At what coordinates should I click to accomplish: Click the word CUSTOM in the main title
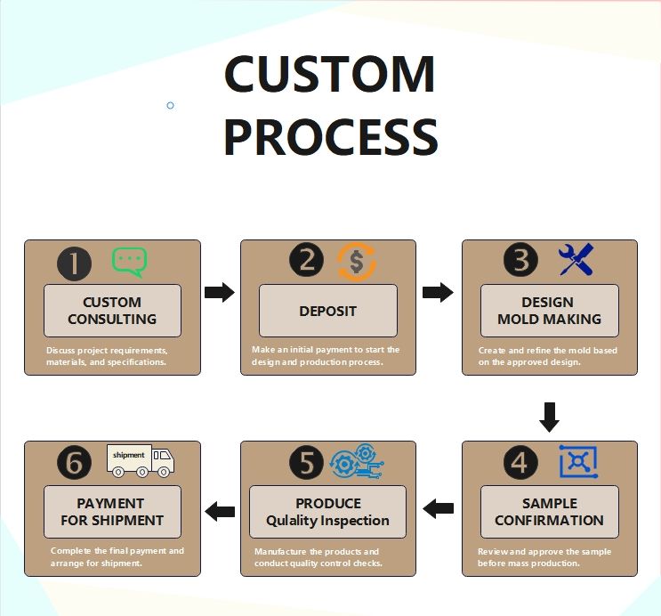click(329, 75)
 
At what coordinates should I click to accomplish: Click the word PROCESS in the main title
click(330, 138)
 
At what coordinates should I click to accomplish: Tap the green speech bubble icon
click(129, 262)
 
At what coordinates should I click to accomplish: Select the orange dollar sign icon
click(357, 262)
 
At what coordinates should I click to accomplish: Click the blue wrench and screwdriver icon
click(576, 260)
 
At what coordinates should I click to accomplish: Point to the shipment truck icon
click(140, 458)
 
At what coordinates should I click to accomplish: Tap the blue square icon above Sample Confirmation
click(578, 462)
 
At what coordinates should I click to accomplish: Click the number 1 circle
click(75, 263)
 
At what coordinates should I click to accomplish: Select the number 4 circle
click(521, 463)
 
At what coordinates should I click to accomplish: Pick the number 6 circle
click(75, 463)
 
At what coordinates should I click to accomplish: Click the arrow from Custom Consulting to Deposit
click(220, 292)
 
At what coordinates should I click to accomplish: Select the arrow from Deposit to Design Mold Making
click(438, 292)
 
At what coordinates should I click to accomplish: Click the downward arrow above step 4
click(550, 417)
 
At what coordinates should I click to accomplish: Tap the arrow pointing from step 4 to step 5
click(438, 508)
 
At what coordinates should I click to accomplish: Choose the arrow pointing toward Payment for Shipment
click(220, 511)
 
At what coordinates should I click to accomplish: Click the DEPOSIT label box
click(327, 311)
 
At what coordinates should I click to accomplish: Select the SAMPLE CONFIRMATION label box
click(549, 512)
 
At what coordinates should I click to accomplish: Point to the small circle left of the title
click(171, 105)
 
